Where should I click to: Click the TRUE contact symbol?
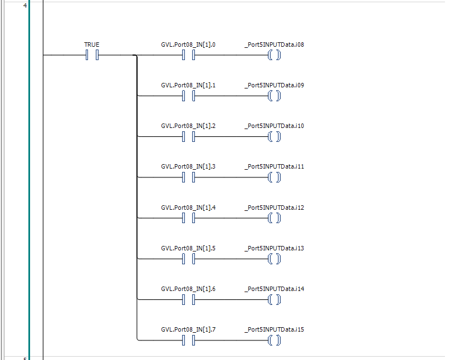click(x=92, y=55)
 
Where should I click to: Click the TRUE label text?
click(x=91, y=45)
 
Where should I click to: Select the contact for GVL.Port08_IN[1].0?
click(x=188, y=55)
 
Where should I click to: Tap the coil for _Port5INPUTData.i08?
click(x=274, y=55)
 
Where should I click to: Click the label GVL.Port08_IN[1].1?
click(x=188, y=86)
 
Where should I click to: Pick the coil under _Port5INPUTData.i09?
click(x=274, y=96)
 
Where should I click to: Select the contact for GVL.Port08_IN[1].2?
click(x=188, y=136)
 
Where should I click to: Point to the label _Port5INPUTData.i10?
click(x=274, y=126)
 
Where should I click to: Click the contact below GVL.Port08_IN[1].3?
click(x=188, y=177)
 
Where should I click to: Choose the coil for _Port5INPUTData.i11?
click(x=274, y=177)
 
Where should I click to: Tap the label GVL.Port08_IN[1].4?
click(x=188, y=208)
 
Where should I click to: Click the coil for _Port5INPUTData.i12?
click(x=274, y=218)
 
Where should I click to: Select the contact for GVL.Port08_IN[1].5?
click(x=188, y=259)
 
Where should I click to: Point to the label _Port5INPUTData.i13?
click(x=274, y=248)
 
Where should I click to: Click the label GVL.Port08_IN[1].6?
click(x=188, y=289)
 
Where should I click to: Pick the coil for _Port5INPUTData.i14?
click(x=274, y=299)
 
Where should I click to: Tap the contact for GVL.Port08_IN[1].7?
click(x=188, y=340)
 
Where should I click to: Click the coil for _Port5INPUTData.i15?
click(x=274, y=340)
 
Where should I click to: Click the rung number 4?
click(x=25, y=6)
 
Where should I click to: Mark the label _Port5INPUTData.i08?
click(x=274, y=45)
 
